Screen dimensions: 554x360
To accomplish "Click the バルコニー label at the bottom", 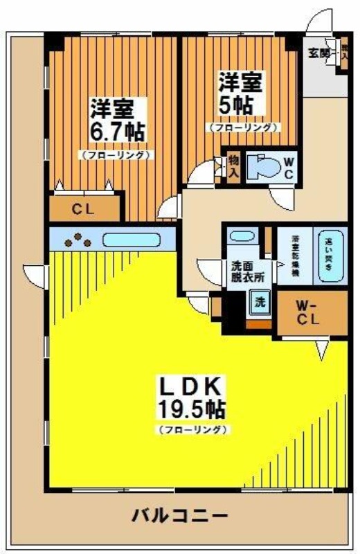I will (179, 516).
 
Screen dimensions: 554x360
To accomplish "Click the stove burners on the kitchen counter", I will (78, 240).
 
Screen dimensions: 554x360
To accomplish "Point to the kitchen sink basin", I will (132, 240).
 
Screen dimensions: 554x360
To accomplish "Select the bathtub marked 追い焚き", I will (330, 253).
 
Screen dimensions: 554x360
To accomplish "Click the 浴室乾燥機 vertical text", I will (293, 255).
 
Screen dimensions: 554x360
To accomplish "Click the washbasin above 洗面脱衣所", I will (242, 235).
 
